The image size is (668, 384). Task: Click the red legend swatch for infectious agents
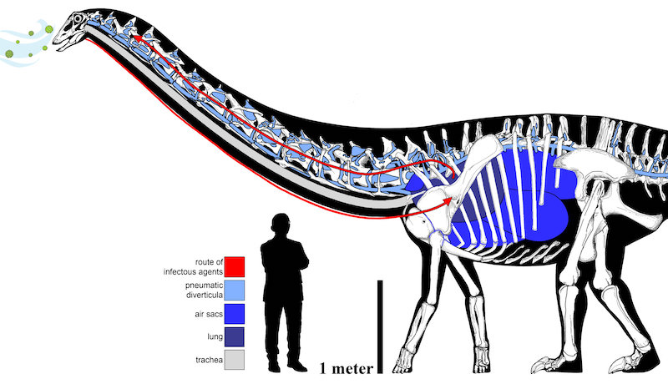[x=235, y=266]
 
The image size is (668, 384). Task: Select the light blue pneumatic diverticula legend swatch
[x=235, y=290]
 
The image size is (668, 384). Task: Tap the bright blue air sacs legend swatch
[x=235, y=314]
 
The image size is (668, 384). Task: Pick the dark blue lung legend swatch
[x=235, y=336]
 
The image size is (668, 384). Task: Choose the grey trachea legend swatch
[x=235, y=360]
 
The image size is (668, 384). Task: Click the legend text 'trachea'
[x=209, y=360]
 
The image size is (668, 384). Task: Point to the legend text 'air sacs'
[x=209, y=314]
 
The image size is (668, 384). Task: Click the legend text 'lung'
[x=215, y=336]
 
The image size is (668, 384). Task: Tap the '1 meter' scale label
[x=347, y=368]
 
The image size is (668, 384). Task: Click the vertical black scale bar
[x=380, y=326]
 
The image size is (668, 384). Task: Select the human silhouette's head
[x=281, y=225]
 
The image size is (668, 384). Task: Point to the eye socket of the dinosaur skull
[x=78, y=18]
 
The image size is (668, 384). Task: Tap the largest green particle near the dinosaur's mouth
[x=49, y=29]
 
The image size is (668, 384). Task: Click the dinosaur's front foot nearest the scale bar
[x=403, y=361]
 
